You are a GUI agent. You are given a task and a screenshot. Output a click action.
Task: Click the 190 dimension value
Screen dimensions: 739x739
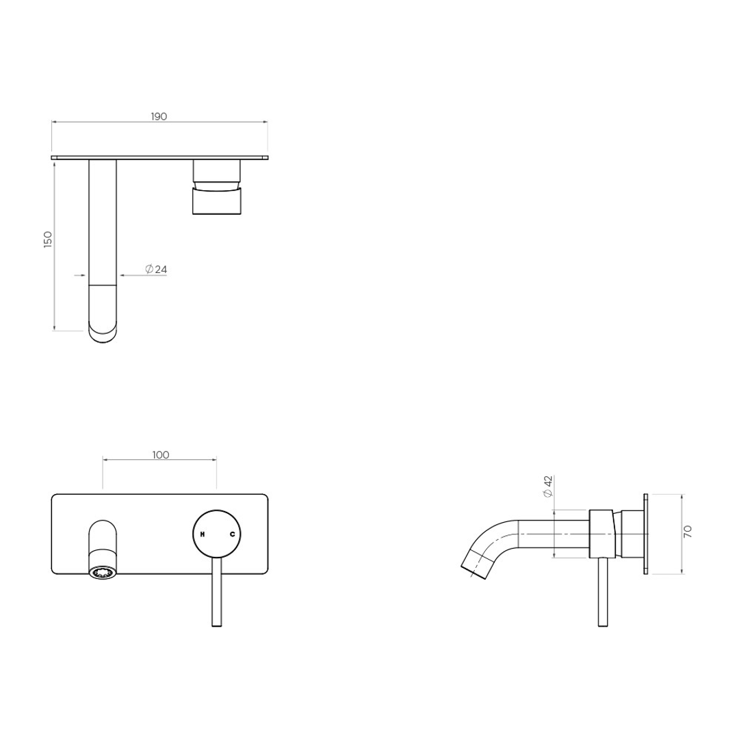coord(159,116)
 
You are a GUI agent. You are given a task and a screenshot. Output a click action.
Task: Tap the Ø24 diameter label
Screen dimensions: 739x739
coord(156,270)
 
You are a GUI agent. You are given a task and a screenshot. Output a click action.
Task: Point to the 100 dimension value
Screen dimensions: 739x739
coord(161,454)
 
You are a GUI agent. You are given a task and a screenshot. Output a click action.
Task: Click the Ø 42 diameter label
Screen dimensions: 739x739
coord(547,487)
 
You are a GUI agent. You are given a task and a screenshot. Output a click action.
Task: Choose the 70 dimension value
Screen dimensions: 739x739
coord(688,531)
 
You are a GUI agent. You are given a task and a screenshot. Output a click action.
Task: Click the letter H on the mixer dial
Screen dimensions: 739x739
coord(202,534)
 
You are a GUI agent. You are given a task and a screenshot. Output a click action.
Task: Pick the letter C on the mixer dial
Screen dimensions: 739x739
coord(232,534)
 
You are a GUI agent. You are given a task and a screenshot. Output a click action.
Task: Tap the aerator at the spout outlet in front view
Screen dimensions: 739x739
coord(103,572)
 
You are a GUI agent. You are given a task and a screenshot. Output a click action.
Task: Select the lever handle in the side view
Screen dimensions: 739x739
coord(602,592)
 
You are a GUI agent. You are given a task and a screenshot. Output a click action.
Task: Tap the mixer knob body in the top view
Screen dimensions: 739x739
coord(218,202)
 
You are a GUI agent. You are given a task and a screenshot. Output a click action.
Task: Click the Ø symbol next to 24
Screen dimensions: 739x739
coord(149,270)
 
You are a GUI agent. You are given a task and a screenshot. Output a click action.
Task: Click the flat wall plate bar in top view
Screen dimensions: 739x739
coord(159,157)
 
